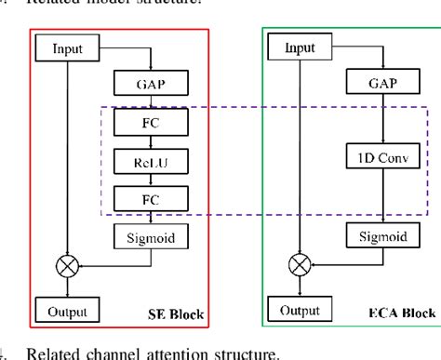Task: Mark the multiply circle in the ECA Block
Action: pos(299,264)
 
